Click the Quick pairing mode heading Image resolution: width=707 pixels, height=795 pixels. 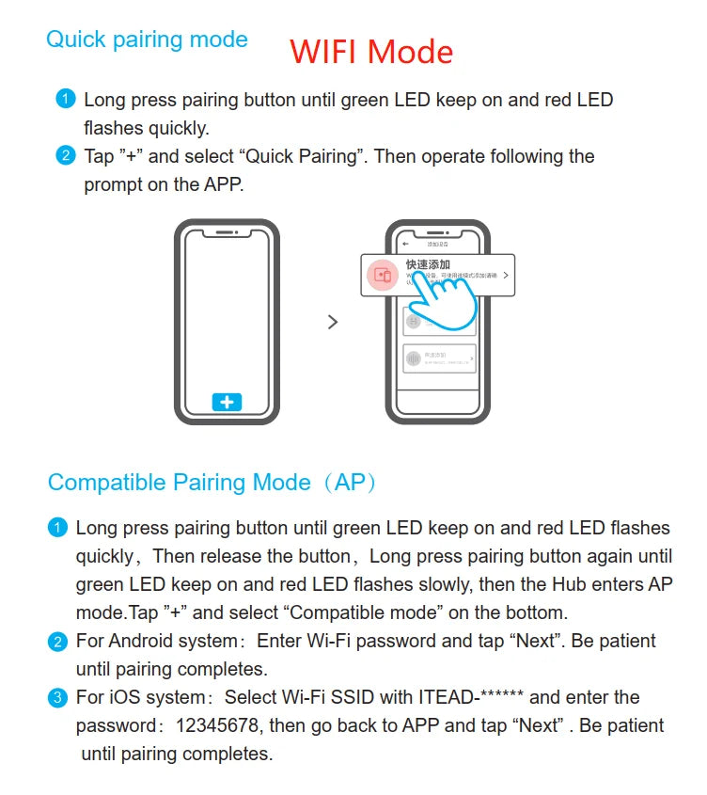pos(147,40)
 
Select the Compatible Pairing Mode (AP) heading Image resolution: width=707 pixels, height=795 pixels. pos(212,483)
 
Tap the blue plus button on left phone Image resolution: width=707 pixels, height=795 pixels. pos(227,402)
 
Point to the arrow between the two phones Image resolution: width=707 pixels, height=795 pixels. pos(332,322)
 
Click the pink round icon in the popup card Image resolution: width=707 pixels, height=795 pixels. pos(383,275)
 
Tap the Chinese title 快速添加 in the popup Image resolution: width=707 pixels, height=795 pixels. pos(428,264)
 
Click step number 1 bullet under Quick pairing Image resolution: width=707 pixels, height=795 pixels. pos(65,99)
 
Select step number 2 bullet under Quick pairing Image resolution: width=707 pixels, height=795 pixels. pos(65,155)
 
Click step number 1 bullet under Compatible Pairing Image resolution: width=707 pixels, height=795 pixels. pos(57,528)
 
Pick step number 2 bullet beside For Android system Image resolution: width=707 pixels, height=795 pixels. pos(57,642)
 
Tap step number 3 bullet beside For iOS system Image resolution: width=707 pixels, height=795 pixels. pos(57,698)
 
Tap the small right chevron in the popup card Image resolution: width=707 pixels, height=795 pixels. pos(506,276)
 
